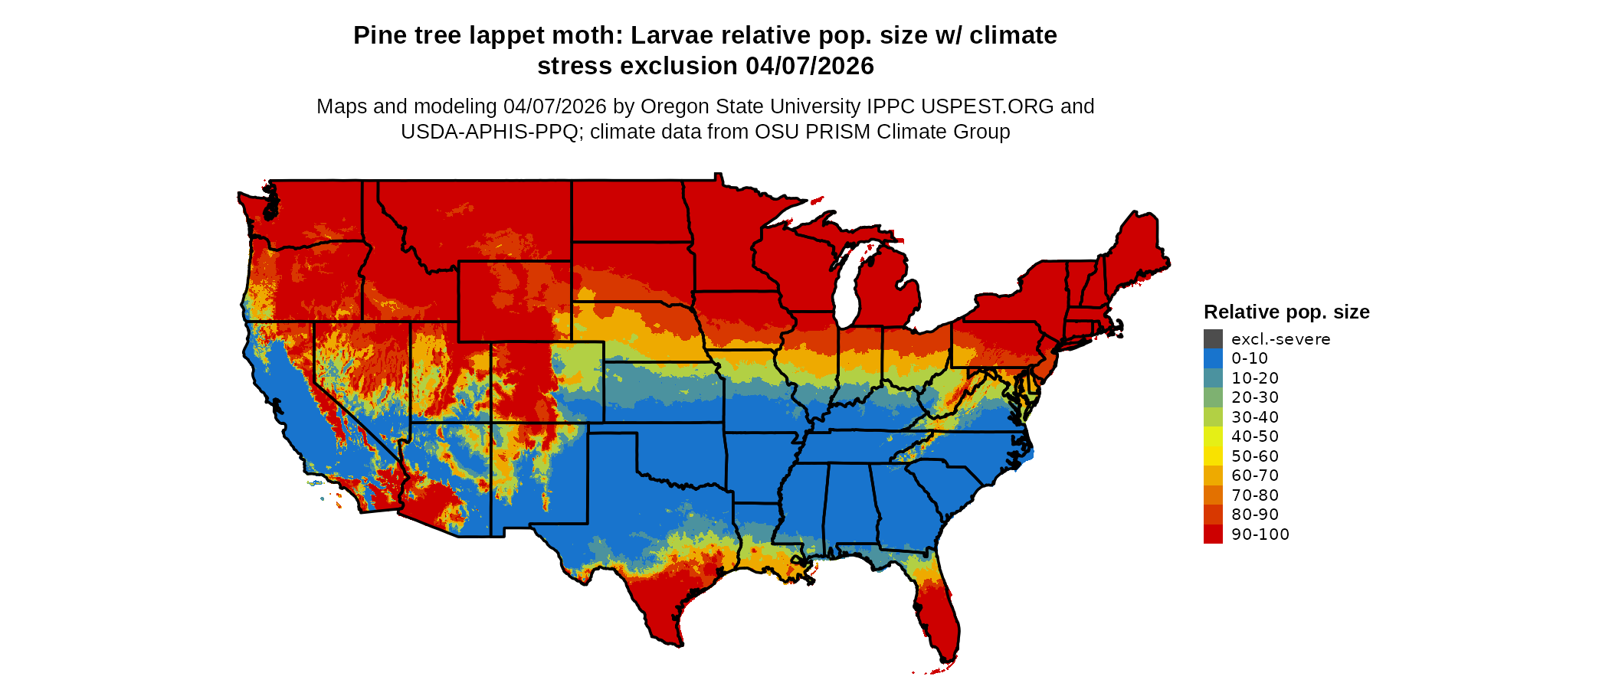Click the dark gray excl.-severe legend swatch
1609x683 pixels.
(1213, 338)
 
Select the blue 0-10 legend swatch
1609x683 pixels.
(1213, 358)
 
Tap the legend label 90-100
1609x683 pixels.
(1260, 534)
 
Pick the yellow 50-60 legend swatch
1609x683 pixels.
(1213, 456)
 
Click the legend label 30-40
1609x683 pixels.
(1255, 417)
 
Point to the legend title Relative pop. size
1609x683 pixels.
(1286, 312)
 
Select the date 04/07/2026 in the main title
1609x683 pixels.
(810, 67)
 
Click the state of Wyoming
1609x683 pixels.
(514, 301)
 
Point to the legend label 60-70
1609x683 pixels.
(1255, 475)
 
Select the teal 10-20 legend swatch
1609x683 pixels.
(1213, 378)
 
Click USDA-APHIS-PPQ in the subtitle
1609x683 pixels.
(489, 132)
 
